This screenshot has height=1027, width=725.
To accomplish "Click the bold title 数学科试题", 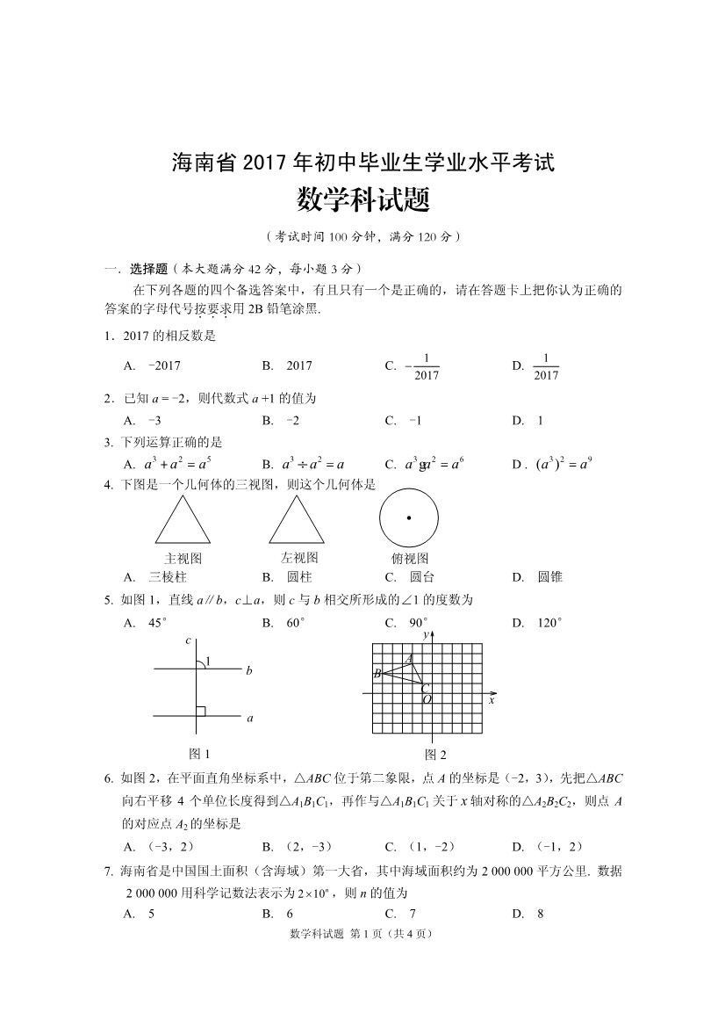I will click(x=362, y=201).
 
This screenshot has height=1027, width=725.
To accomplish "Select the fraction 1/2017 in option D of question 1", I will click(x=546, y=366).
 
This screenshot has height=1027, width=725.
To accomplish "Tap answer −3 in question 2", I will click(x=154, y=420).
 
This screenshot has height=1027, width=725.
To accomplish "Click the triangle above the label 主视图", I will click(x=183, y=522).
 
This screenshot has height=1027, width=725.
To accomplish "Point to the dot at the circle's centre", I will click(x=409, y=518).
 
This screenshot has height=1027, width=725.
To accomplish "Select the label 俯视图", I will click(x=410, y=559).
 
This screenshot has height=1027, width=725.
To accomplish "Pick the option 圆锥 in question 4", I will click(x=550, y=577).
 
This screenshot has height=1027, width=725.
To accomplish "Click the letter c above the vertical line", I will click(x=188, y=640).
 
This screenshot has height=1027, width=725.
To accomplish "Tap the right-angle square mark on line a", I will click(x=201, y=711).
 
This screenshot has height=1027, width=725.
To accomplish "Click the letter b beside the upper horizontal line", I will click(x=249, y=670).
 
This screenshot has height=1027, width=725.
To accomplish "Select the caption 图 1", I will click(x=200, y=753).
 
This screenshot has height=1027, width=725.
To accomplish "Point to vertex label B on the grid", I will click(x=377, y=674).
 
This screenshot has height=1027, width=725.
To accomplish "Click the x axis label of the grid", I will click(x=492, y=700).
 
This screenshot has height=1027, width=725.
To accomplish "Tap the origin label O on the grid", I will click(x=427, y=699).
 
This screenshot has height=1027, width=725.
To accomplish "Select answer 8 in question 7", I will click(x=540, y=913).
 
